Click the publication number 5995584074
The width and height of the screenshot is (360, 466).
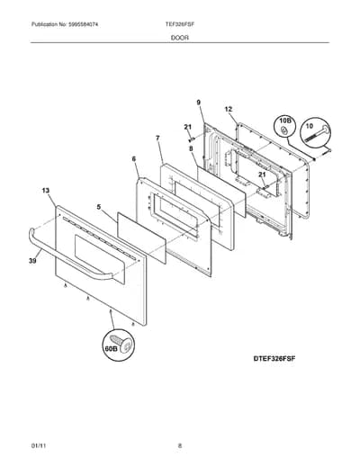tap(83, 24)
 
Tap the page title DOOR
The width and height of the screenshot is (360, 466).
tap(180, 38)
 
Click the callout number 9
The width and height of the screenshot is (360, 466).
tap(199, 103)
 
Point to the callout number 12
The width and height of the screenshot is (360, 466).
tap(229, 109)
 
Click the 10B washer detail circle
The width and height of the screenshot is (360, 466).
tap(285, 126)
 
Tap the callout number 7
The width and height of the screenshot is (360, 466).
tap(157, 139)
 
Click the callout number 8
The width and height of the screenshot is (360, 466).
tap(191, 148)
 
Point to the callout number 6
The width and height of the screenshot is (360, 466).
tap(134, 159)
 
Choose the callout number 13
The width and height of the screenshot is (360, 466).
tap(46, 191)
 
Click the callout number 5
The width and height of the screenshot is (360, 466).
tap(99, 207)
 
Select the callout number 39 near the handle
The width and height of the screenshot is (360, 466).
tap(32, 261)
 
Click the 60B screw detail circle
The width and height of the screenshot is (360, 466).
tap(118, 345)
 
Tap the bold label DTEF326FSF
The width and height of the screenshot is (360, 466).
tap(274, 358)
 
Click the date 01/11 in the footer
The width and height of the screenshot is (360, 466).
tap(39, 445)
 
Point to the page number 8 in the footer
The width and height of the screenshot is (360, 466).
tap(180, 445)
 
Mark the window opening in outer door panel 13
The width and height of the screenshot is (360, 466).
tap(99, 259)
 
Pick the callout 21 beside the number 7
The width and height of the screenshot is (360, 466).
tap(188, 127)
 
